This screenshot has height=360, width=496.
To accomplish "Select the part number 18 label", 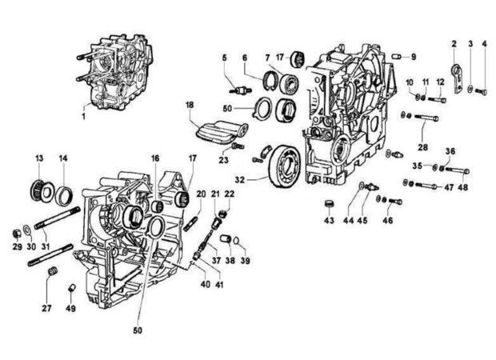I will point(190,105).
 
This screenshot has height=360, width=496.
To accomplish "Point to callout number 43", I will point(329,220).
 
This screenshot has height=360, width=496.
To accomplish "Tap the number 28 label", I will point(423,148).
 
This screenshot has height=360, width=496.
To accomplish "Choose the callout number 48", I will point(462,187).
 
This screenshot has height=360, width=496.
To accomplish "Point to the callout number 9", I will point(414,57).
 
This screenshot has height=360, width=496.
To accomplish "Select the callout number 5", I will point(226,57).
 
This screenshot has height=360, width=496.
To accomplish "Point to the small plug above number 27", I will point(52,275).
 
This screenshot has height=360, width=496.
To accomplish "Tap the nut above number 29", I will point(17,233).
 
